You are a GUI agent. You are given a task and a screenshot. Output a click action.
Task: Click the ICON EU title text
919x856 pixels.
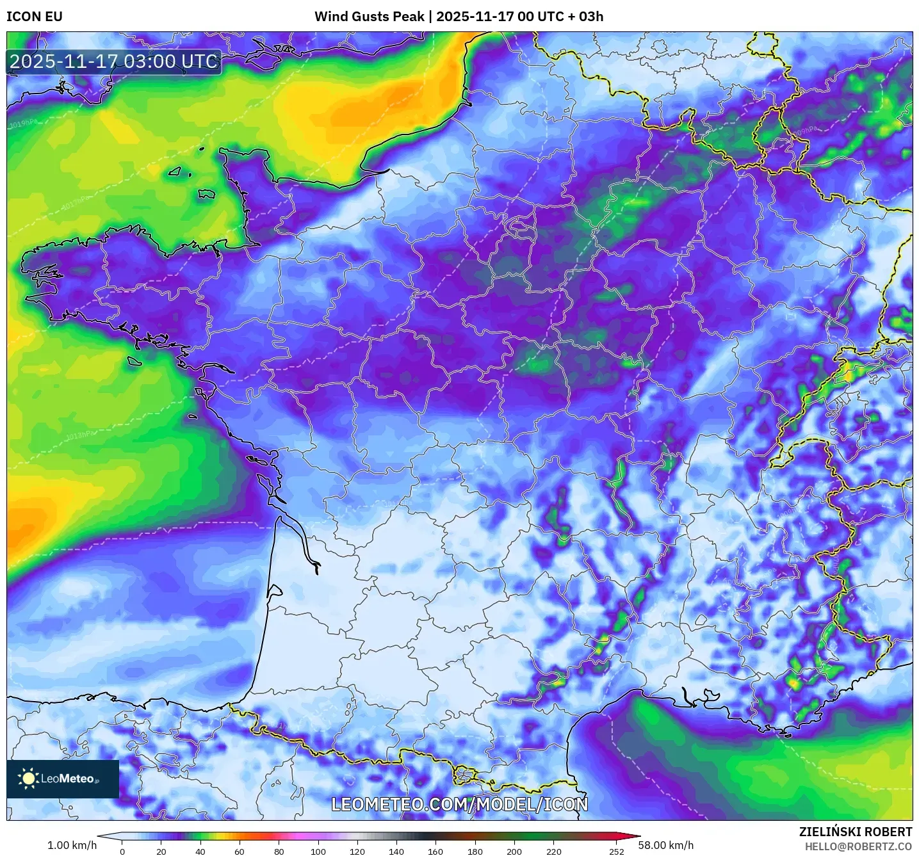pos(35,17)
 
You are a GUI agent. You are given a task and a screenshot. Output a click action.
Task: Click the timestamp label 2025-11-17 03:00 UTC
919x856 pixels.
pos(114,61)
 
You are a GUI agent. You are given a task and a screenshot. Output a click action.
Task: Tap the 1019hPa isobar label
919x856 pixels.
pos(24,124)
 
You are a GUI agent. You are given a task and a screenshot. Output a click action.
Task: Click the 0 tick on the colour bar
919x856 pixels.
pos(122,851)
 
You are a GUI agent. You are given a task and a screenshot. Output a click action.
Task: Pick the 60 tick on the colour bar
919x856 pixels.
pos(240,851)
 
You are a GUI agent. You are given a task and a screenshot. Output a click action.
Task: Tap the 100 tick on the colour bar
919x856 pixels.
pos(318,851)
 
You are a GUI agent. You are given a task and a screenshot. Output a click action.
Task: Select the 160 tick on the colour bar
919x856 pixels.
pos(435,851)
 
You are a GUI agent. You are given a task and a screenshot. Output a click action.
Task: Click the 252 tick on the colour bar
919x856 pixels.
pos(616,851)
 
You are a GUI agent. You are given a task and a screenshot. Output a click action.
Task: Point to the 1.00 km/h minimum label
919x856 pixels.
pos(72,845)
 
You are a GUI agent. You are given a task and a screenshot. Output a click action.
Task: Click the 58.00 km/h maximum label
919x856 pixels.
pos(666,845)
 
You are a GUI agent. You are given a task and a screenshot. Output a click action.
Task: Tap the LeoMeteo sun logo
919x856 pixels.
pos(28,779)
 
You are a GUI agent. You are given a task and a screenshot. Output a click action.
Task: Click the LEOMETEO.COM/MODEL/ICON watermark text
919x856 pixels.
pos(459,804)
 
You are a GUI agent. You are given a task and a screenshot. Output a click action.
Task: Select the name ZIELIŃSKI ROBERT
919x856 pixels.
pos(856,832)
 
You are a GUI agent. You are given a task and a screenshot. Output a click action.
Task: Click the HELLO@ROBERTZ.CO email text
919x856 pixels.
pos(858,846)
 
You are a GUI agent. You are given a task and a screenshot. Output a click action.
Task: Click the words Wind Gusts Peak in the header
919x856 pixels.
pos(370,17)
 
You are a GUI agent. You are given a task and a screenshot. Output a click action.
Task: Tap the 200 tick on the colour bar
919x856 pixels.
pos(514,851)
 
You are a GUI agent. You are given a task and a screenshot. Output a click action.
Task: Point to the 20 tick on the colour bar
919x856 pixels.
pos(161,851)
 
